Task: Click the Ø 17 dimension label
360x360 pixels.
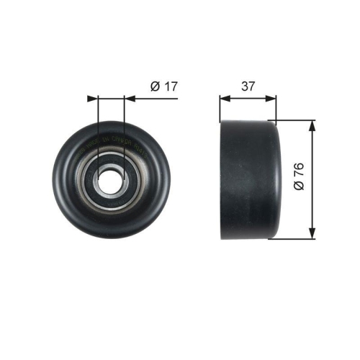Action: (163, 86)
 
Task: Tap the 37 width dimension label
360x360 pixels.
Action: (248, 86)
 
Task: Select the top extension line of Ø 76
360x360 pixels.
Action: (295, 120)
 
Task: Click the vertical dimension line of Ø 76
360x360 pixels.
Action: (312, 202)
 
